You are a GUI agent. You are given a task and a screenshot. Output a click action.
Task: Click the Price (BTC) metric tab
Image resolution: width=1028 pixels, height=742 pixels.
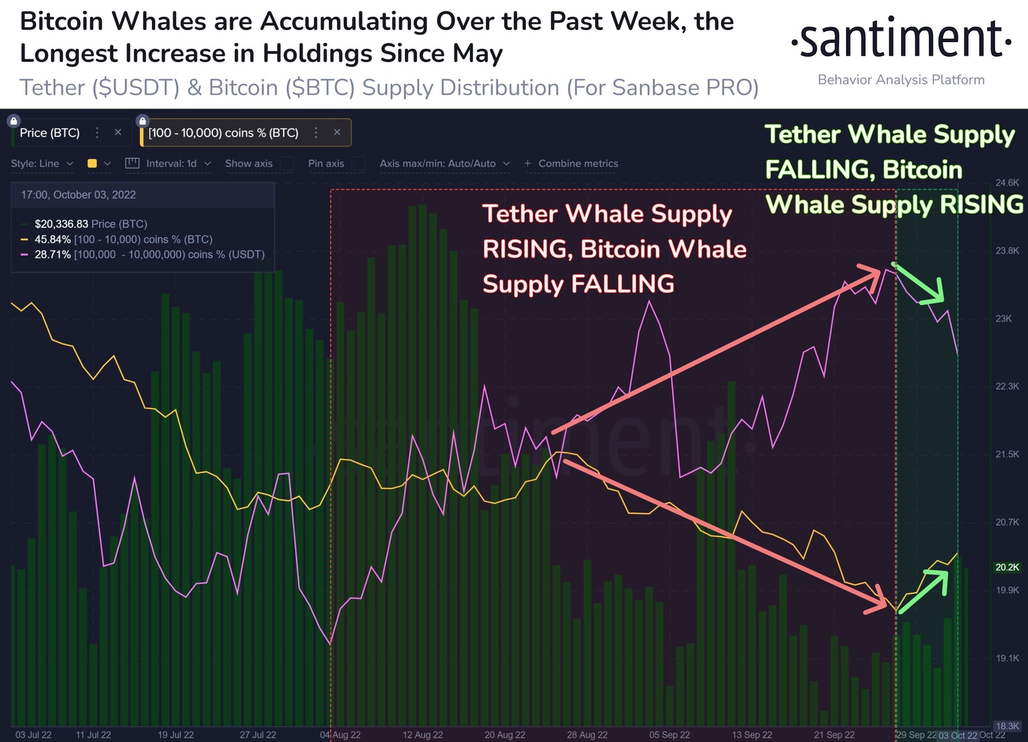(50, 133)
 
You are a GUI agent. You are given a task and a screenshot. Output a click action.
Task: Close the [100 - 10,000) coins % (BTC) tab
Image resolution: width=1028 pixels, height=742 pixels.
(337, 132)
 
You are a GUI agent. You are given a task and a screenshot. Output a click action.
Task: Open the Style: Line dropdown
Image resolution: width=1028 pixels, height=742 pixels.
(41, 163)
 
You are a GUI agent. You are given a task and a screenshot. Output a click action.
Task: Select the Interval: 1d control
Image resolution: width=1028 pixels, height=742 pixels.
(171, 163)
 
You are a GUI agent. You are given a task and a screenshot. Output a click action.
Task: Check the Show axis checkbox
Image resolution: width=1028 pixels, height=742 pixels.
(286, 163)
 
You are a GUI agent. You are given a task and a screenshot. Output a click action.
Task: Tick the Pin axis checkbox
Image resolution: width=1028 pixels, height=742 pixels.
(359, 163)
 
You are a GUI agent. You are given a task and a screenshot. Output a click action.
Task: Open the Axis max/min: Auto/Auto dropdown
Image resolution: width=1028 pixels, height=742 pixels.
(444, 163)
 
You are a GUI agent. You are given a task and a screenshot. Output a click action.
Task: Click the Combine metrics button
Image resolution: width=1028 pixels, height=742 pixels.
(572, 163)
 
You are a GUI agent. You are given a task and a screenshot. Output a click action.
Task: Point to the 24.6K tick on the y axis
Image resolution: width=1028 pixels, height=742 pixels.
(1007, 183)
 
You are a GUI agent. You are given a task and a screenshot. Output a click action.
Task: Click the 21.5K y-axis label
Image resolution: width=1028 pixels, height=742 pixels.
(1007, 454)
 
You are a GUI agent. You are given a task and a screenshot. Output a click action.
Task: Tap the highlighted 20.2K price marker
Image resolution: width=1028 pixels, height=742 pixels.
(1007, 567)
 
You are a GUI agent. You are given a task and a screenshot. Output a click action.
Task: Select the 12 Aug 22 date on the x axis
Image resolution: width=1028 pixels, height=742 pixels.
(422, 735)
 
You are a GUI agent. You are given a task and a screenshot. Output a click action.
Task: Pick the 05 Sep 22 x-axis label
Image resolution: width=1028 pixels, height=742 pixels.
(669, 735)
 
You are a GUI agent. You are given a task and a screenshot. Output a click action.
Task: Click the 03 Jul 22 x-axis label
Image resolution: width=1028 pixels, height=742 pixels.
(33, 735)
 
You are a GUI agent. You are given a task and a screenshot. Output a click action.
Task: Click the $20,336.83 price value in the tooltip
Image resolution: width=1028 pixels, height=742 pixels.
(61, 224)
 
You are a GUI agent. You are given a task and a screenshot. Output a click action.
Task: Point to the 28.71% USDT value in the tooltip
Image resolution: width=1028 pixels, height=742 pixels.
(52, 255)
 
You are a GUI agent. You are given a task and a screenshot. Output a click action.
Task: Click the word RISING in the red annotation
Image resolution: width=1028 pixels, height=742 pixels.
(527, 250)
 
